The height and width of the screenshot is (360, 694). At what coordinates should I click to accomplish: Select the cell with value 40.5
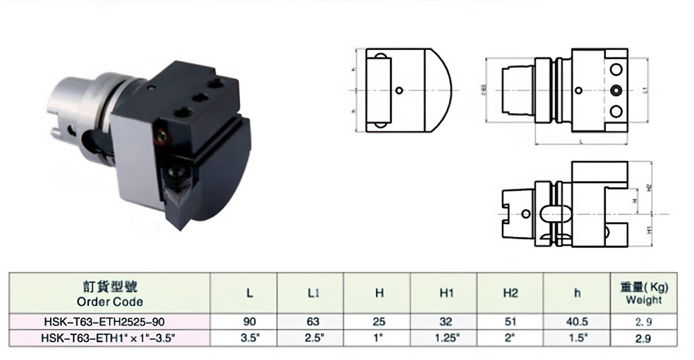[x=577, y=322]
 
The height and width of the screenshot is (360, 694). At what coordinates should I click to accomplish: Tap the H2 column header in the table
[x=510, y=293]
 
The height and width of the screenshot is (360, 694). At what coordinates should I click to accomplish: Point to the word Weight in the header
[x=643, y=300]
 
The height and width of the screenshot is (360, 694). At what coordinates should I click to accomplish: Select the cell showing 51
[x=510, y=322]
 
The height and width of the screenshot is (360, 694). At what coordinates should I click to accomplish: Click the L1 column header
[x=313, y=293]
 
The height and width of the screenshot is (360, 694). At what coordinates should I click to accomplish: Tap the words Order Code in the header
[x=110, y=302]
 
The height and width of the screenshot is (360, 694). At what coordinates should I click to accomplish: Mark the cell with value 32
[x=446, y=322]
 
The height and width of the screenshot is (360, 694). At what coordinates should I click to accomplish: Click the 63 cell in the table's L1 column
[x=313, y=322]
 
